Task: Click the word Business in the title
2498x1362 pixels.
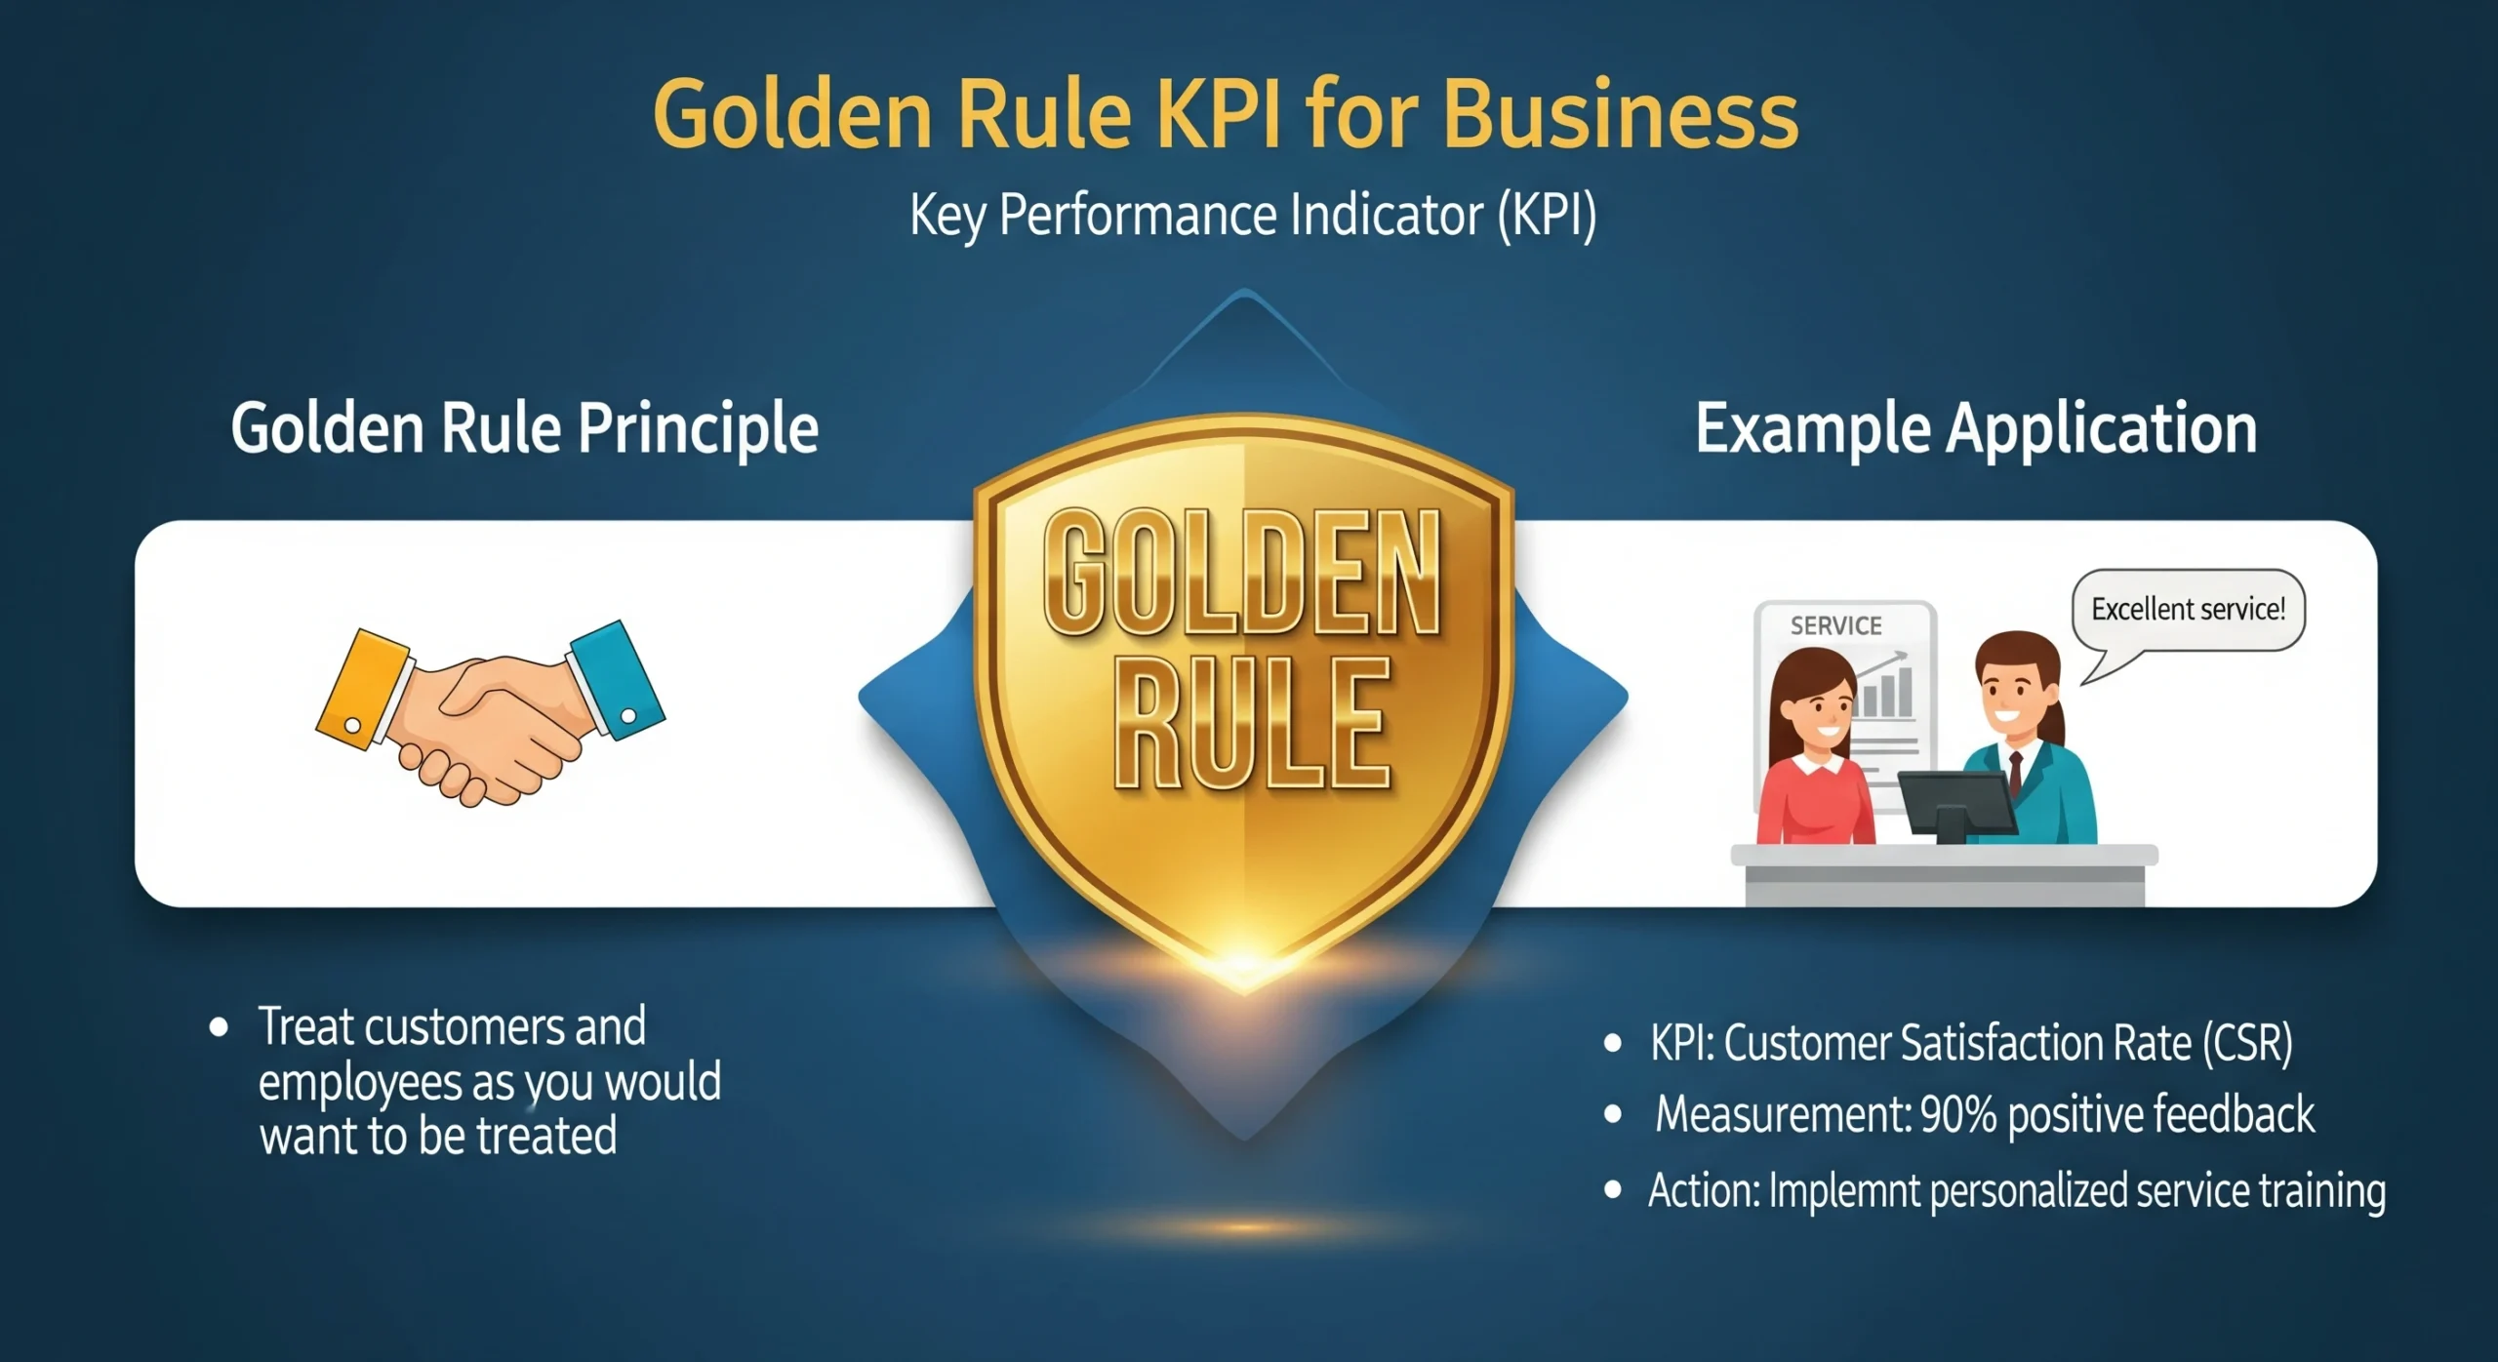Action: tap(1620, 114)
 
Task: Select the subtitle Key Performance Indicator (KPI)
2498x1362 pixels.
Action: tap(1253, 216)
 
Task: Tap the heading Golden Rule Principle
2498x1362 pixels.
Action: tap(524, 428)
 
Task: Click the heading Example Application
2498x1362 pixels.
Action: tap(1976, 428)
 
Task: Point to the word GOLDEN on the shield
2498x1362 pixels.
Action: tap(1241, 574)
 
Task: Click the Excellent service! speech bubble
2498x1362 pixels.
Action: tap(2188, 610)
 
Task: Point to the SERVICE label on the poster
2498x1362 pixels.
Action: tap(1835, 625)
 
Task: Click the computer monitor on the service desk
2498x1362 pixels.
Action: tap(1955, 802)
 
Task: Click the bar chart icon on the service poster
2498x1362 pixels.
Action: tap(1886, 690)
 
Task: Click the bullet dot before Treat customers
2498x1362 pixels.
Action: tap(219, 1027)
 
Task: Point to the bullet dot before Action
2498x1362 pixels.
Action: tap(1613, 1190)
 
